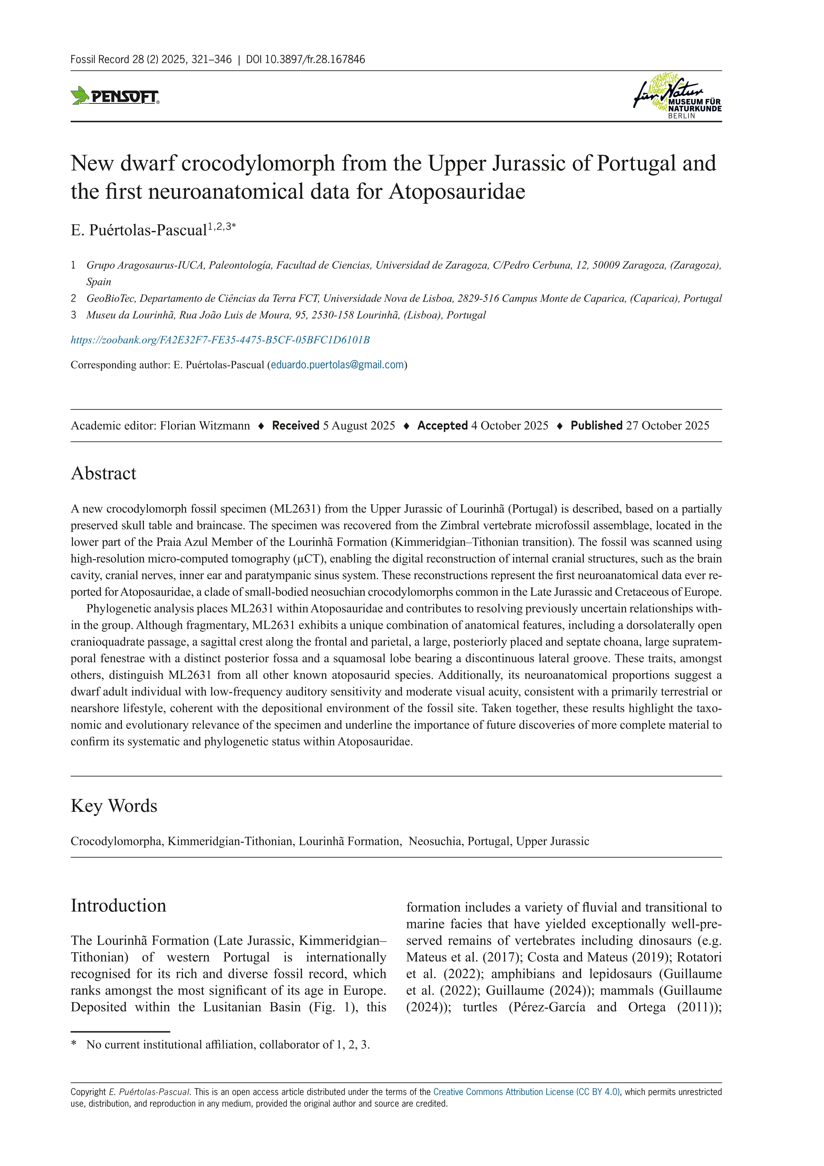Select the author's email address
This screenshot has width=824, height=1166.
tap(338, 365)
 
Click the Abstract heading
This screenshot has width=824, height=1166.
tap(104, 473)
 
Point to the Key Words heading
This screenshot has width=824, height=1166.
tap(114, 806)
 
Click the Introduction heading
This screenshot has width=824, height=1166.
tap(118, 905)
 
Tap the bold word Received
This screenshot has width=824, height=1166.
tap(295, 426)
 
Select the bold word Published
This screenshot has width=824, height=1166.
tap(596, 426)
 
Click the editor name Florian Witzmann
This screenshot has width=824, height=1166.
tap(205, 426)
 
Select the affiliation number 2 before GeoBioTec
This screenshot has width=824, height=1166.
tap(73, 299)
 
